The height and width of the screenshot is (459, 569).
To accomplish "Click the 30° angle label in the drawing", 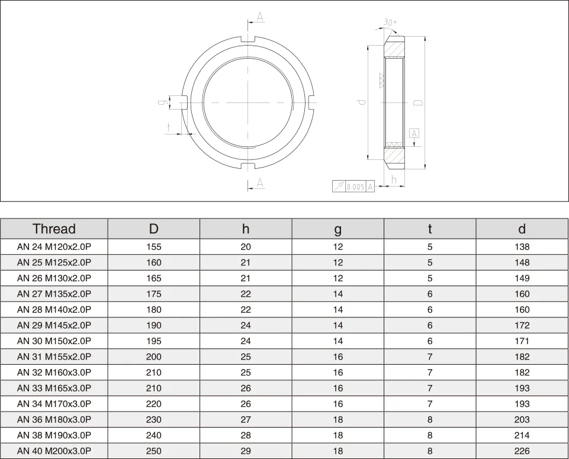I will pyautogui.click(x=389, y=23).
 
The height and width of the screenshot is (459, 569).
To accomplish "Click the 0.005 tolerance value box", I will pyautogui.click(x=355, y=187).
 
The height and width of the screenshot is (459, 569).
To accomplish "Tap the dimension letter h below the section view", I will pyautogui.click(x=394, y=179).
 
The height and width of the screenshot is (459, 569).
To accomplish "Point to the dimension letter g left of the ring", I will pyautogui.click(x=161, y=102).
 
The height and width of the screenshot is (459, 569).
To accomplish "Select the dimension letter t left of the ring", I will pyautogui.click(x=169, y=127).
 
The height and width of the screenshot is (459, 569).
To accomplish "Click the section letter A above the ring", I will pyautogui.click(x=260, y=17).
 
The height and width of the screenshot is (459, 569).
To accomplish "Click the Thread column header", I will pyautogui.click(x=54, y=229).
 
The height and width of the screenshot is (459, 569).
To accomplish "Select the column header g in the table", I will pyautogui.click(x=337, y=229).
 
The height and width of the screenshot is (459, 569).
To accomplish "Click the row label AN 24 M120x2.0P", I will pyautogui.click(x=54, y=247).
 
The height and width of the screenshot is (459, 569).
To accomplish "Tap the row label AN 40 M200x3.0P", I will pyautogui.click(x=54, y=451).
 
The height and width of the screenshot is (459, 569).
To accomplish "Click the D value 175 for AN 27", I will pyautogui.click(x=153, y=294).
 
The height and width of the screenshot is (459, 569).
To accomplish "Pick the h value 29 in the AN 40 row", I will pyautogui.click(x=246, y=451).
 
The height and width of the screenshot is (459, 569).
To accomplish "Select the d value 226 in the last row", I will pyautogui.click(x=522, y=451).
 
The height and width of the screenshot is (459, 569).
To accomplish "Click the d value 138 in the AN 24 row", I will pyautogui.click(x=522, y=247).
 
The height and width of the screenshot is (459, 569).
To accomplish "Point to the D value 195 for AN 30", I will pyautogui.click(x=153, y=341).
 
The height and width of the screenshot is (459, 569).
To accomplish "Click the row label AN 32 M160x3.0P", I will pyautogui.click(x=54, y=373).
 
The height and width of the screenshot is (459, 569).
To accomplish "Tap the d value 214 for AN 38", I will pyautogui.click(x=522, y=435).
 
